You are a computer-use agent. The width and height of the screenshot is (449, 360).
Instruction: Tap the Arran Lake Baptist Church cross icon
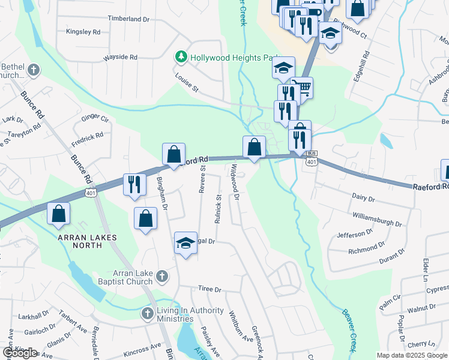[x=161, y=276]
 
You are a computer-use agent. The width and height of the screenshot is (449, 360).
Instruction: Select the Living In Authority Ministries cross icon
[x=148, y=313]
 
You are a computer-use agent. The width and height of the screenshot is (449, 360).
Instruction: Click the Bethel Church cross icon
[x=33, y=70]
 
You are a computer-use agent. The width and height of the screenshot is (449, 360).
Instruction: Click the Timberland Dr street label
[x=128, y=19]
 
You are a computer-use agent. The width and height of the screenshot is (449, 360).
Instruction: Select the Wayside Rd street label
[x=121, y=57]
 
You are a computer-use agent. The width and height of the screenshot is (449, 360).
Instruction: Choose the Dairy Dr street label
[x=363, y=197]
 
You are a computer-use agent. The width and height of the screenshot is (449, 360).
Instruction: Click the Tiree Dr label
[x=210, y=289]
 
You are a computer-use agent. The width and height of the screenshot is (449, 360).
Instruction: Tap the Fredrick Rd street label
[x=87, y=139]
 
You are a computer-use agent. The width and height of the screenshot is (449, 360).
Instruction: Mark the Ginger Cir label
[x=95, y=118]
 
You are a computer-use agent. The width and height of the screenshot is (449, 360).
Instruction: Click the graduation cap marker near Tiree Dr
[x=186, y=244]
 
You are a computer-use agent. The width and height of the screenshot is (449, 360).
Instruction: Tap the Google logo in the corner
[x=20, y=353]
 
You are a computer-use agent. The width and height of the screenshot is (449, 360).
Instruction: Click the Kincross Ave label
[x=142, y=346]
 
